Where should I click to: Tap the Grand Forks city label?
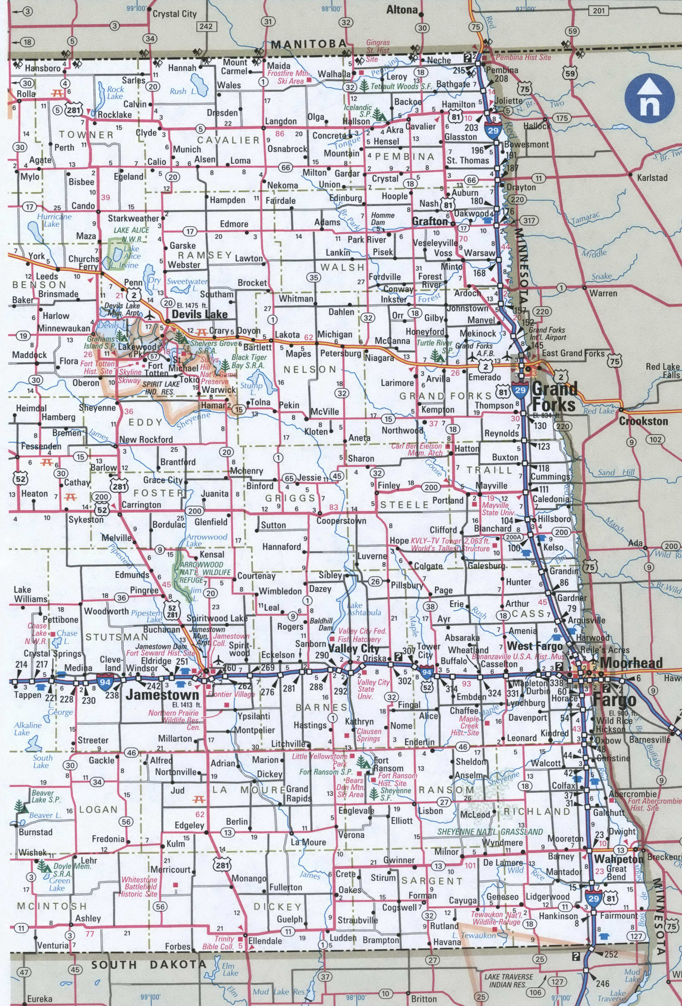pyautogui.click(x=554, y=396)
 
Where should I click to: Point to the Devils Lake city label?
pyautogui.click(x=199, y=314)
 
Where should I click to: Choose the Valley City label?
pyautogui.click(x=354, y=649)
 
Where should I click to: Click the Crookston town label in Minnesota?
pyautogui.click(x=643, y=421)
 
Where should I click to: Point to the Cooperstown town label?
pyautogui.click(x=341, y=521)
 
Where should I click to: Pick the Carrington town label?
pyautogui.click(x=141, y=505)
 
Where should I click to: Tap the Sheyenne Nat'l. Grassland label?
pyautogui.click(x=490, y=831)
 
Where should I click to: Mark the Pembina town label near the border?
pyautogui.click(x=502, y=70)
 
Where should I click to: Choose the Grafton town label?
pyautogui.click(x=430, y=221)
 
